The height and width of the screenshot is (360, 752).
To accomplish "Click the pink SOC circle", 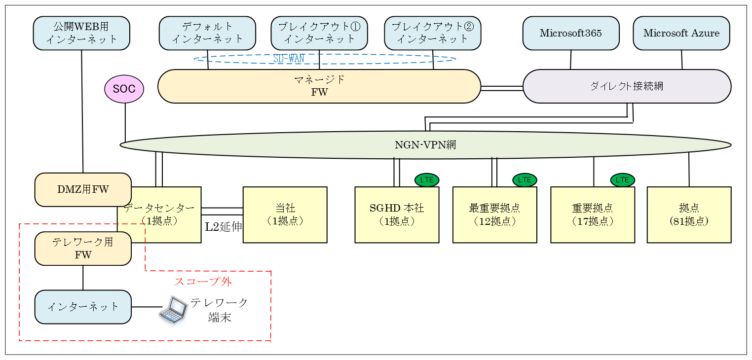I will pos(124,89).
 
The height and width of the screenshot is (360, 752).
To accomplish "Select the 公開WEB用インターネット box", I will pos(81,33).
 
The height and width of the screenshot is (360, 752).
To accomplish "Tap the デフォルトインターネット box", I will pos(207,33).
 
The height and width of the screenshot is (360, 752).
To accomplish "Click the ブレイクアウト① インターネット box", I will pos(319,33).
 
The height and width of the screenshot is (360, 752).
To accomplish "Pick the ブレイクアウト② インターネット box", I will pos(432,33).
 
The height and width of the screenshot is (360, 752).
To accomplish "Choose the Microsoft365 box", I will pos(570,33).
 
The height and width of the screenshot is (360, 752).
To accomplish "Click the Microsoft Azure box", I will pos(681,33).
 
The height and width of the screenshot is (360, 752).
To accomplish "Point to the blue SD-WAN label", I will pos(289,59).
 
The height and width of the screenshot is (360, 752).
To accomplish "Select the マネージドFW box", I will pos(319,86).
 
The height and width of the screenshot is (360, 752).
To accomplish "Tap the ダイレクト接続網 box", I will pos(627,86).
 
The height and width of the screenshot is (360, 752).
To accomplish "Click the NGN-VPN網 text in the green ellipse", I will pos(425,145).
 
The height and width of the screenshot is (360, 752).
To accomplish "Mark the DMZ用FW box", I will pos(83,189).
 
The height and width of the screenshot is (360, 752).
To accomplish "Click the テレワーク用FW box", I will pos(83,249).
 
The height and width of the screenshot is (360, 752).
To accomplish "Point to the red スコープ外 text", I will pos(203,282).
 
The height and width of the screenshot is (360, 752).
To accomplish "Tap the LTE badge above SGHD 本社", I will pos(426,180).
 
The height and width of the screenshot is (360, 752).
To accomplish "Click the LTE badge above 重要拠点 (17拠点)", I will pos(622,180).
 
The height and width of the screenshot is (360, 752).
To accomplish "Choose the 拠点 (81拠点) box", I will pos(689,215).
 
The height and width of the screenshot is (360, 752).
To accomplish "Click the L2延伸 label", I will pos(224,227).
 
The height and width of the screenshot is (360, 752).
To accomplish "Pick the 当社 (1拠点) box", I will pos(285,215).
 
